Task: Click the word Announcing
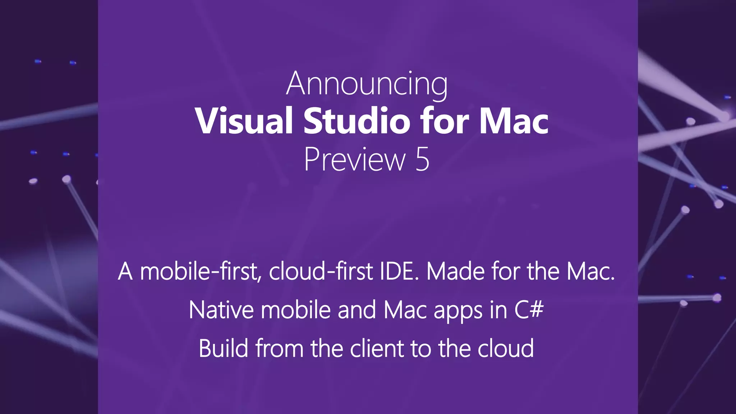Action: point(367,84)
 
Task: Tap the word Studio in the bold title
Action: point(356,121)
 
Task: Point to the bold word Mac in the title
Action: point(514,121)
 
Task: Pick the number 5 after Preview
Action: point(422,160)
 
